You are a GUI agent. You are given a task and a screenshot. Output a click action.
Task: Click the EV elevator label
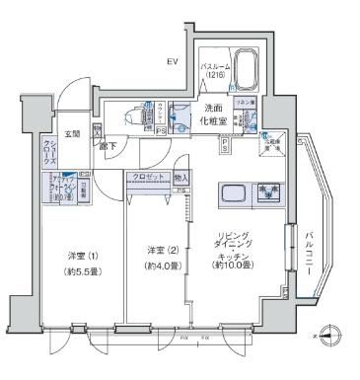(x=171, y=61)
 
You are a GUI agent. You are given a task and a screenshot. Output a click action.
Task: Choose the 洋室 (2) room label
(x=160, y=250)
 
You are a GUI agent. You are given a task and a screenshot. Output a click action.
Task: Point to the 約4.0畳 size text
(x=160, y=265)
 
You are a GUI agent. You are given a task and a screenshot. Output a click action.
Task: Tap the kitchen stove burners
(x=268, y=191)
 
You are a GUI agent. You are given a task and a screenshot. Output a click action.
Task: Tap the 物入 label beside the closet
(x=180, y=178)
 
